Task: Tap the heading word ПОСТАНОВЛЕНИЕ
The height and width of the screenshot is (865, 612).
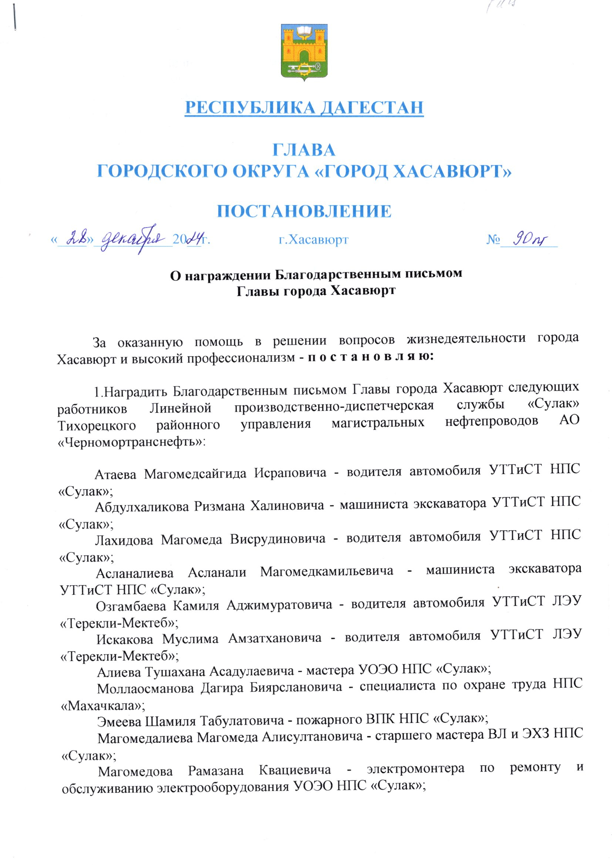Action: click(x=305, y=211)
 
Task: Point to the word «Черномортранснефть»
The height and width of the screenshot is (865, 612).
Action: click(x=131, y=442)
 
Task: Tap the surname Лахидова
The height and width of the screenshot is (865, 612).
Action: click(x=124, y=540)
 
